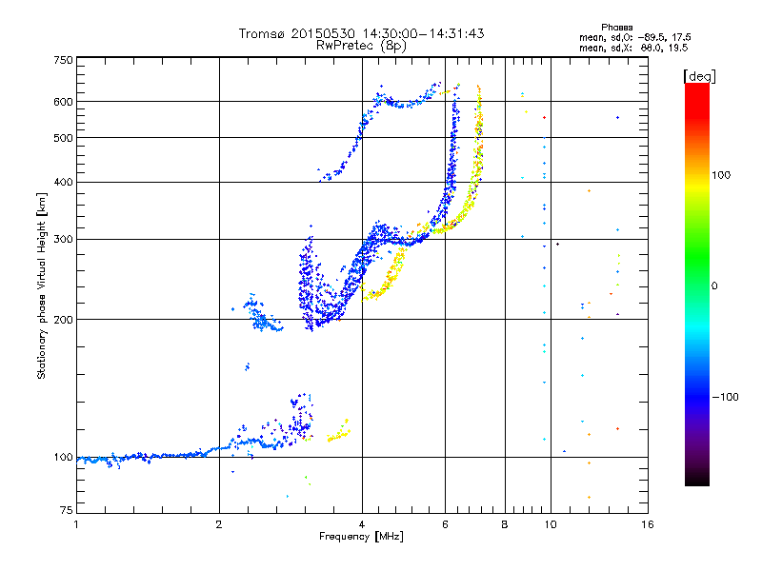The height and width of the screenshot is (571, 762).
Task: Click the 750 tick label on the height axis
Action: pyautogui.click(x=64, y=60)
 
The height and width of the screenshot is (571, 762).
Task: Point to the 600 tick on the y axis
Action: pyautogui.click(x=64, y=102)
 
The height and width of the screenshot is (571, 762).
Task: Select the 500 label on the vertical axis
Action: pyautogui.click(x=64, y=138)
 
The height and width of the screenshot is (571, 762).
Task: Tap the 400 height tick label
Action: pyautogui.click(x=64, y=183)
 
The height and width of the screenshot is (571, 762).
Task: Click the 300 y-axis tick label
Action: pyautogui.click(x=64, y=240)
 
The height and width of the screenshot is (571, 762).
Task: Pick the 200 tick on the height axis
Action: pyautogui.click(x=64, y=320)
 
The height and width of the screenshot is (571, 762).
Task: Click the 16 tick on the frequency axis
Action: pyautogui.click(x=647, y=525)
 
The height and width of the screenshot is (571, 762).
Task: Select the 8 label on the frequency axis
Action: pyautogui.click(x=505, y=525)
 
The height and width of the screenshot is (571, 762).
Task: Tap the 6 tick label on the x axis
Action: pyautogui.click(x=445, y=525)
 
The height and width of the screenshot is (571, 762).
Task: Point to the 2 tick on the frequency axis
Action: pyautogui.click(x=219, y=525)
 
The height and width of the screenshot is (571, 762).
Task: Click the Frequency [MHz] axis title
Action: pyautogui.click(x=361, y=538)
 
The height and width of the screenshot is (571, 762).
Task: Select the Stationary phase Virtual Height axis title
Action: pyautogui.click(x=42, y=285)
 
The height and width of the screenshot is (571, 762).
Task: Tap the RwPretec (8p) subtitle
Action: pyautogui.click(x=361, y=45)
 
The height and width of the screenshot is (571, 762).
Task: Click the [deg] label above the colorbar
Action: pyautogui.click(x=699, y=75)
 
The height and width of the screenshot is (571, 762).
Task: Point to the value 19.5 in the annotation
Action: pyautogui.click(x=677, y=47)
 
